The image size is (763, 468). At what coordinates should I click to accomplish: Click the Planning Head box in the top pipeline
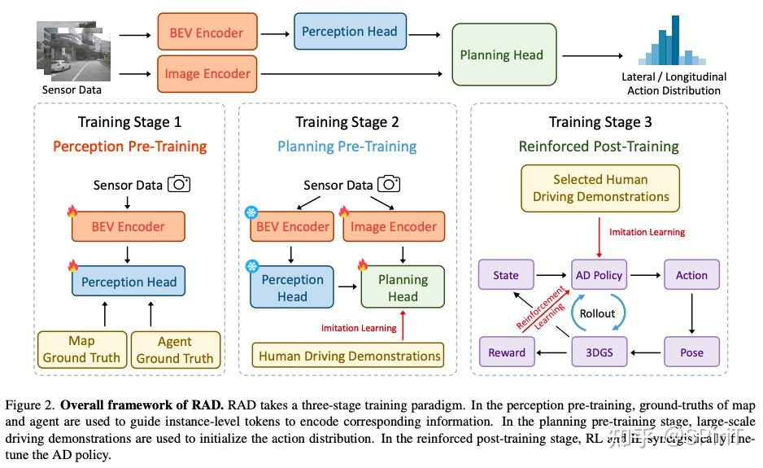point(501,55)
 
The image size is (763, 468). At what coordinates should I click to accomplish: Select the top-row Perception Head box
point(350,33)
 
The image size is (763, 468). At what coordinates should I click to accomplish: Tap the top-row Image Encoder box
point(207,74)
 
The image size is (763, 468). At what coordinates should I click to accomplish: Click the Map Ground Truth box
point(81,349)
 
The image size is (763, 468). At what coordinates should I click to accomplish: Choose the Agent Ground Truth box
point(175,349)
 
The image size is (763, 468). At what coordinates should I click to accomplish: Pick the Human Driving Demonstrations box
point(350,356)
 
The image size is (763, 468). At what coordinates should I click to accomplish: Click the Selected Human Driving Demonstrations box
point(601,188)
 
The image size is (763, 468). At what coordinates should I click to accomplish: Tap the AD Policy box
point(598,275)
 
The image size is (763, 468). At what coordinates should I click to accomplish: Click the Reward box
point(506,352)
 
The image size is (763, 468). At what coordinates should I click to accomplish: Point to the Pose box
point(691,352)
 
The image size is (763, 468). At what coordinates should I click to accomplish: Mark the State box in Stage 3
point(506,275)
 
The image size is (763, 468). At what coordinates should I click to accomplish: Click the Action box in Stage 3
point(691,275)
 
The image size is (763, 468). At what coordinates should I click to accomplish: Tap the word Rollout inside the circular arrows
point(598,313)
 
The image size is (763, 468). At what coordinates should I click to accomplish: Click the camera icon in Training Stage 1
point(179,184)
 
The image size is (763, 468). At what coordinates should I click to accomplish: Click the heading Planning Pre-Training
point(347,147)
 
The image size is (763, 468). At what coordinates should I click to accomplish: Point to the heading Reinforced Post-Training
point(599,147)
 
